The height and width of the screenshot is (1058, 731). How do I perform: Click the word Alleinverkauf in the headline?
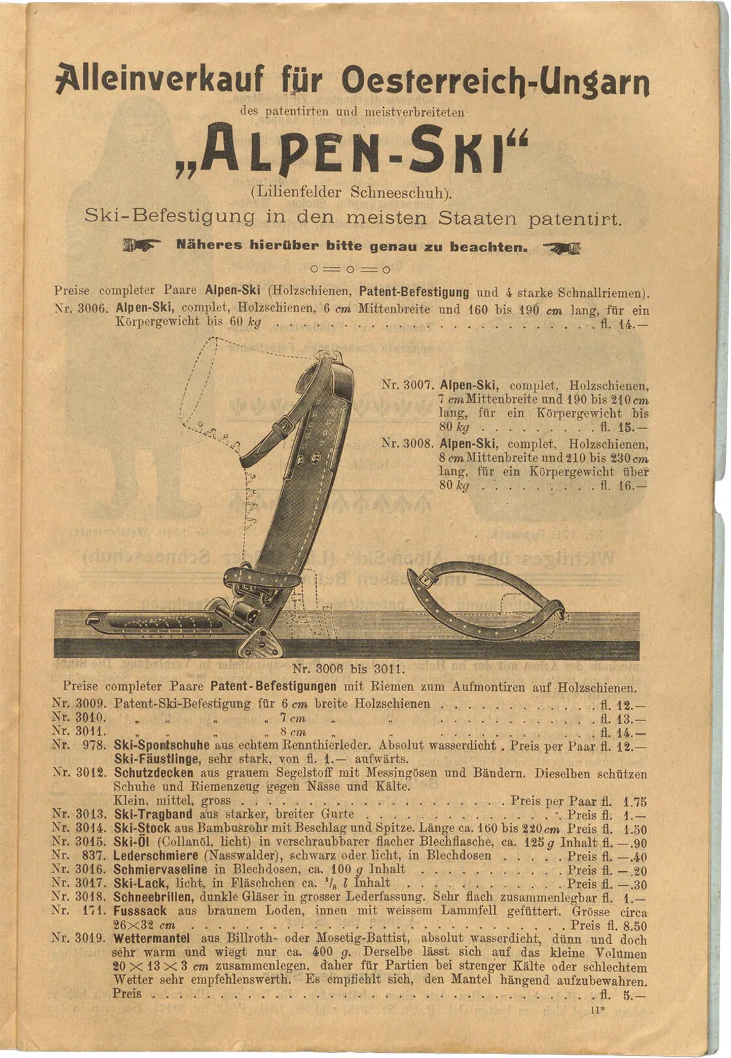pos(160,81)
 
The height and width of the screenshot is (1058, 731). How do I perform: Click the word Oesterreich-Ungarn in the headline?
pos(495,81)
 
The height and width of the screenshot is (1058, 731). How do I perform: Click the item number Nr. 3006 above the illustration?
pos(79,309)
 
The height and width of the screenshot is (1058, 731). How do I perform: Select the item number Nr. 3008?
pos(408,443)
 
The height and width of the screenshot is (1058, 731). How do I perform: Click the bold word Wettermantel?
pos(151,938)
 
